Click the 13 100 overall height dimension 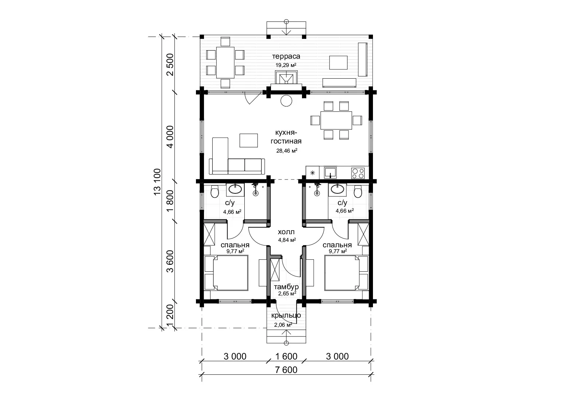click(x=157, y=182)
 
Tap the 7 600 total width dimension click(x=286, y=370)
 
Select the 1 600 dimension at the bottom click(x=286, y=356)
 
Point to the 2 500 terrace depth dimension click(x=170, y=64)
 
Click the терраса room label click(x=286, y=56)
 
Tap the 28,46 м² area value click(x=287, y=151)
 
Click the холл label click(x=286, y=232)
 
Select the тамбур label click(x=286, y=287)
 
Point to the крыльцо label click(x=286, y=315)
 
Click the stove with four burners click(x=358, y=173)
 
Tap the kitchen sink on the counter click(x=330, y=173)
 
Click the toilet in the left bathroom click(x=215, y=191)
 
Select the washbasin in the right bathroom click(x=337, y=189)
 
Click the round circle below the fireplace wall click(x=286, y=101)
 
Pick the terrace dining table click(x=225, y=62)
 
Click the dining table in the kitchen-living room click(x=336, y=120)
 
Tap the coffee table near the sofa click(x=248, y=140)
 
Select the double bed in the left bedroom click(x=226, y=273)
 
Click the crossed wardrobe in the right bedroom click(x=363, y=234)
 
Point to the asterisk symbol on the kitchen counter click(x=312, y=173)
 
